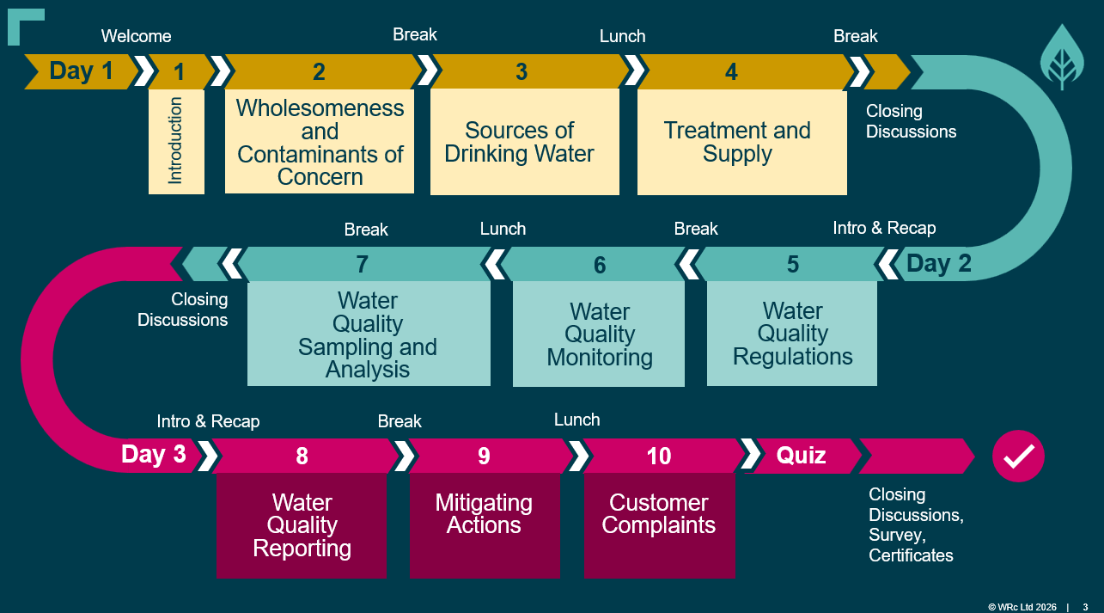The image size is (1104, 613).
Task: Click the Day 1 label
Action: [82, 71]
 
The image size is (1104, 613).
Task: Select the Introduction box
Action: [176, 142]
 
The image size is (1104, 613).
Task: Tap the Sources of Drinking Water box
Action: [524, 142]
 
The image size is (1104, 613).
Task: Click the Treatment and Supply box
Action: [741, 142]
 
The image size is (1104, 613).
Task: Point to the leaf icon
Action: [1062, 58]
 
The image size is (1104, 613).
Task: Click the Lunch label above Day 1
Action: [623, 36]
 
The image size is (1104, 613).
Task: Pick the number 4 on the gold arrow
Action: [731, 72]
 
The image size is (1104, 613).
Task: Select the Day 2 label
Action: [939, 263]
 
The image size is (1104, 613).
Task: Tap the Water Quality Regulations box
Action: [792, 334]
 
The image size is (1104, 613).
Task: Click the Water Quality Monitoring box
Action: [599, 334]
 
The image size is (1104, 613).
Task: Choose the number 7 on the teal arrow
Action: [363, 264]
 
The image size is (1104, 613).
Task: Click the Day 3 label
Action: [153, 454]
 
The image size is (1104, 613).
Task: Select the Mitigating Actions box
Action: [485, 525]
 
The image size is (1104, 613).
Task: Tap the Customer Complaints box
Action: [660, 525]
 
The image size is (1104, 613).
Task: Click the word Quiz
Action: [802, 455]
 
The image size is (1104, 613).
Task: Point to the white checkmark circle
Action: [1018, 457]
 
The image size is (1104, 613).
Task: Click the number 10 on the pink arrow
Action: [659, 457]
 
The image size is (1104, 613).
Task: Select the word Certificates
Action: [911, 555]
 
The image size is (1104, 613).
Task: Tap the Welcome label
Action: [136, 36]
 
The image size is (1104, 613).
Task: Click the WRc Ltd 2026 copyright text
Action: [1022, 607]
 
